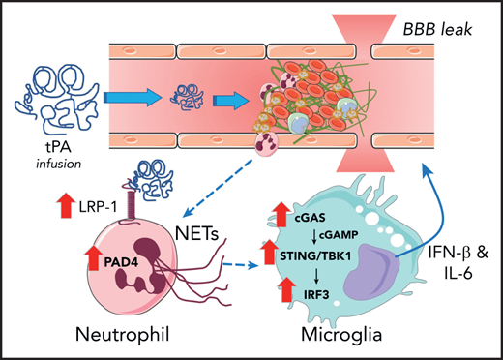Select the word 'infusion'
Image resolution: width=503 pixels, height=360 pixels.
[54, 141]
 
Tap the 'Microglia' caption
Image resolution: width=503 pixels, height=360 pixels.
[328, 337]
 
